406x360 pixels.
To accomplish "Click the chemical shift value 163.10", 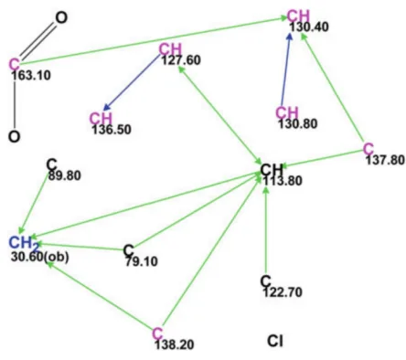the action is click(x=31, y=75).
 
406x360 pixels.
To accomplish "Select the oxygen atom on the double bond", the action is click(x=61, y=17).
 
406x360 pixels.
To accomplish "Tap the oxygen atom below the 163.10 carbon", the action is click(x=14, y=136).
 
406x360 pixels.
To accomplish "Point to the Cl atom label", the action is click(x=275, y=341).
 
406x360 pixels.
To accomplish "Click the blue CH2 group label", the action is click(x=24, y=243).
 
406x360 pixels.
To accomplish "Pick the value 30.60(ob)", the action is click(x=40, y=257).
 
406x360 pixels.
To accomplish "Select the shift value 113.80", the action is click(x=283, y=181).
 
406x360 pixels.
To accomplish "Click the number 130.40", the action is click(x=309, y=26).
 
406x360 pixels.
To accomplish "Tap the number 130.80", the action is click(x=298, y=123).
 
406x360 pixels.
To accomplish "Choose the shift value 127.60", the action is click(x=181, y=60).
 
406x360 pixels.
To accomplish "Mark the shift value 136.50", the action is click(x=112, y=130).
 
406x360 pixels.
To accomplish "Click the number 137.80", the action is click(x=386, y=160).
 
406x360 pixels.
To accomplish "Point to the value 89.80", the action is click(x=65, y=175).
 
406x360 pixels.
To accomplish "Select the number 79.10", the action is click(x=142, y=261).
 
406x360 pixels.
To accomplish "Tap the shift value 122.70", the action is click(x=283, y=292).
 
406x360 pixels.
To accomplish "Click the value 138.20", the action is click(x=175, y=344).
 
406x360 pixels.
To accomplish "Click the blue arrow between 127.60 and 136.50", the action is click(x=132, y=82).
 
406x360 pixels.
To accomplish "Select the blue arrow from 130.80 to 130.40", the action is click(x=286, y=69).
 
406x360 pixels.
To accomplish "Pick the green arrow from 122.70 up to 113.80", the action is click(x=266, y=230).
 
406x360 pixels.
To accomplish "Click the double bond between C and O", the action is click(x=37, y=40).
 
